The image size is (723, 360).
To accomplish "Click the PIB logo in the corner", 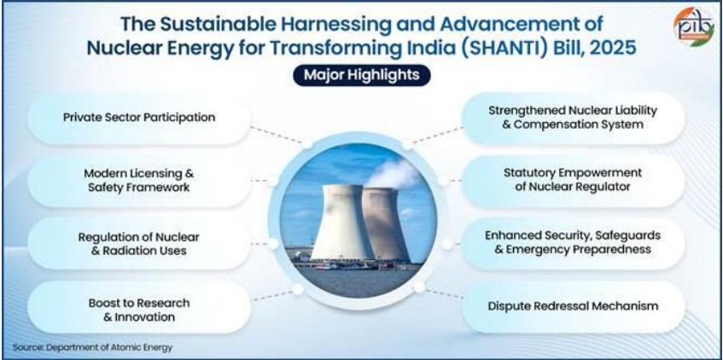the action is coord(693,26).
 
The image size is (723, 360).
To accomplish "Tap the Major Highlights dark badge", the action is coord(362,75).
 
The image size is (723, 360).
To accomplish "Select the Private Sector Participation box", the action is coord(139,118).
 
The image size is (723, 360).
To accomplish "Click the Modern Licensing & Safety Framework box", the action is coord(139,181).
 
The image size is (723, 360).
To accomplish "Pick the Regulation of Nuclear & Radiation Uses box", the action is coord(139,244).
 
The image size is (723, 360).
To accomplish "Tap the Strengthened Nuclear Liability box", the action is coord(573,118).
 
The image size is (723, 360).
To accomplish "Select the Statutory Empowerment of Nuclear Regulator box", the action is coord(573,181).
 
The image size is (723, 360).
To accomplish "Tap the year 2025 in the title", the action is coord(615,48).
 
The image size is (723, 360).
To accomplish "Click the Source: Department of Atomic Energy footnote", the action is coord(93,347).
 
